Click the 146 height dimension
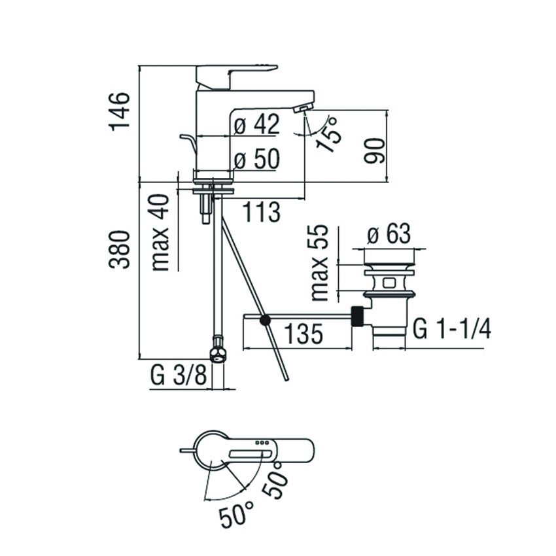[120, 111]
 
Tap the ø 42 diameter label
[256, 124]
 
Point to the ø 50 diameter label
[256, 159]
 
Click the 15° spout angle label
[328, 133]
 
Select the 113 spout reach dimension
[262, 212]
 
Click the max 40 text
[162, 232]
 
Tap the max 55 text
[320, 264]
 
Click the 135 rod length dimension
[304, 334]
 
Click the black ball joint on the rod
[265, 320]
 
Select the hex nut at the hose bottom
[218, 354]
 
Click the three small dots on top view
[262, 443]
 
